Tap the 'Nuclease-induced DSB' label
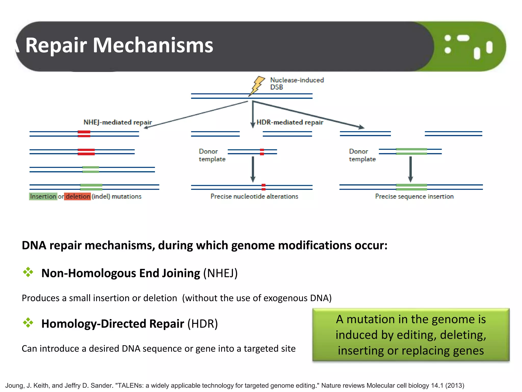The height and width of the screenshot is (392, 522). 296,83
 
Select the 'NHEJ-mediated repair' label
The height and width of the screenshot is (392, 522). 118,122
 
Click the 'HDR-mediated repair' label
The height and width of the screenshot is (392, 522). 290,122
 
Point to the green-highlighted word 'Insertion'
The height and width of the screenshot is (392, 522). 43,196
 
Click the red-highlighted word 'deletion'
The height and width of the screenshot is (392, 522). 77,196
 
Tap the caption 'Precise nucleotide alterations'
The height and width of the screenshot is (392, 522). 254,196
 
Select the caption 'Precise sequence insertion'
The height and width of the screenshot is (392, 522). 414,196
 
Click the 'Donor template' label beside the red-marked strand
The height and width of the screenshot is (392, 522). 212,155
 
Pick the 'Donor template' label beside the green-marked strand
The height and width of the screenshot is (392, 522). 362,155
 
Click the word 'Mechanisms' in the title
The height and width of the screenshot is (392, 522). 153,45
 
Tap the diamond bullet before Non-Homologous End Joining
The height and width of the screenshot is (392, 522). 28,272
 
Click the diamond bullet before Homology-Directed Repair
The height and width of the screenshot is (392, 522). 28,323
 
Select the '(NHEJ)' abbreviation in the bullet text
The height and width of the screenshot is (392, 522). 220,273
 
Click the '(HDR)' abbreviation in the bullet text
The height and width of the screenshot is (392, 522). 203,324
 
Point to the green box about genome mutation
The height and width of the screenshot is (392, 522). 411,335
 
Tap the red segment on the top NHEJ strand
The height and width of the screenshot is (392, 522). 84,134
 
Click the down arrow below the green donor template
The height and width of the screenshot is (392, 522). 410,168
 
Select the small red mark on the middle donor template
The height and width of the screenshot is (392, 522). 262,152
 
